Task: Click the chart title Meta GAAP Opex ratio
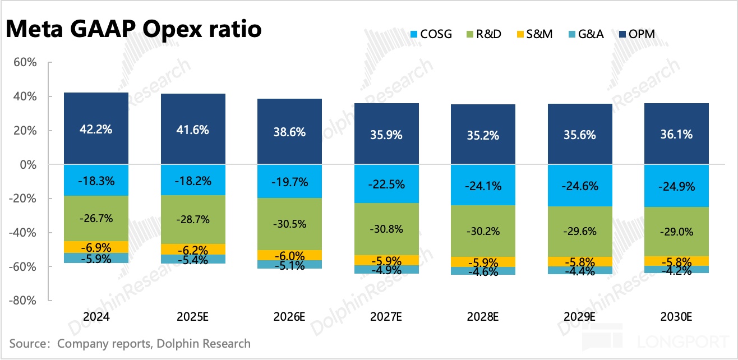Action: pos(133,29)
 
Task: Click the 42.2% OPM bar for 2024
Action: pos(96,129)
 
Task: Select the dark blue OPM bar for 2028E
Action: pos(483,135)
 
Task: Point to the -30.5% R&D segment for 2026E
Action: pos(290,224)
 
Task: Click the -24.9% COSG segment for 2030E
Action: pos(677,186)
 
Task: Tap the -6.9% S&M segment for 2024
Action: pos(96,247)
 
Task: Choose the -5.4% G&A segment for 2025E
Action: pos(193,259)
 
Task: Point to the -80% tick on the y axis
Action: pos(22,301)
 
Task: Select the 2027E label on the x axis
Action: pos(386,317)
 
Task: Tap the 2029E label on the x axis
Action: pos(580,317)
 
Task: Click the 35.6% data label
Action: pos(580,135)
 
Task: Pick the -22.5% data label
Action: pos(386,183)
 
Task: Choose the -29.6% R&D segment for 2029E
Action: pos(580,232)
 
